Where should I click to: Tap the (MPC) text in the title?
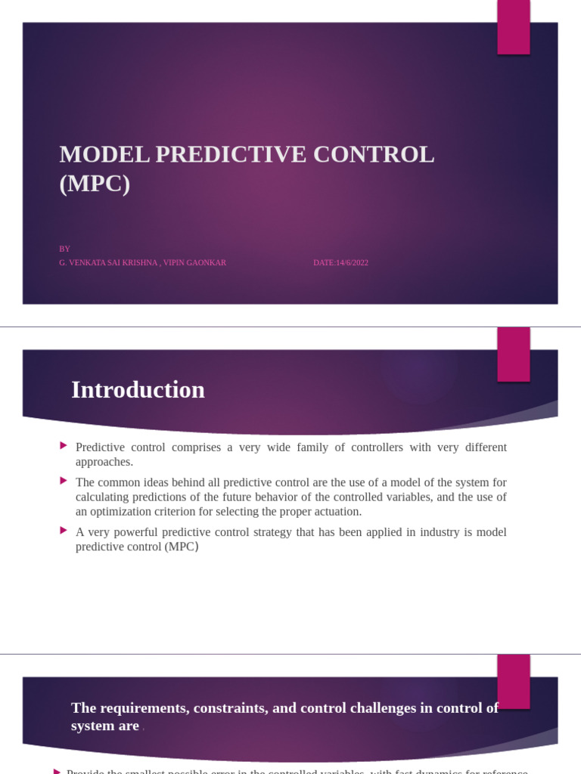[x=95, y=184]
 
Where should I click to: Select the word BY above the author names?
[x=64, y=249]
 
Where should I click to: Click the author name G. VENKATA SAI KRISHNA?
[x=107, y=263]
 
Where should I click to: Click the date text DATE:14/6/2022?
[x=340, y=263]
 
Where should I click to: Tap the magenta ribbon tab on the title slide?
[x=513, y=26]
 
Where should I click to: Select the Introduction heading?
[x=138, y=390]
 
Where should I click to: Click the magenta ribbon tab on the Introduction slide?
[x=513, y=354]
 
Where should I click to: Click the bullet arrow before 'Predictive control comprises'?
[x=64, y=446]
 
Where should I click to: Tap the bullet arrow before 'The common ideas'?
[x=64, y=481]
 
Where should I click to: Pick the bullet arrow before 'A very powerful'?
[x=64, y=531]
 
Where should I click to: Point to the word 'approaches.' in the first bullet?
[x=104, y=462]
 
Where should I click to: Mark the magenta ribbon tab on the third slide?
[x=513, y=681]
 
